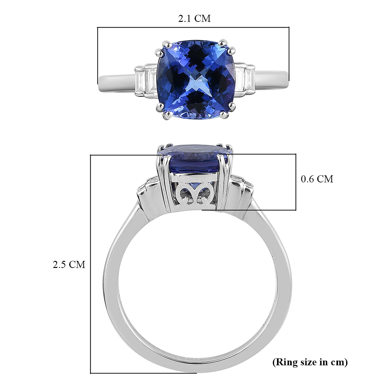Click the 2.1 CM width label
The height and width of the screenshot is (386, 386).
pyautogui.click(x=194, y=19)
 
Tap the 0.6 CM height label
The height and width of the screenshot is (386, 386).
pyautogui.click(x=317, y=179)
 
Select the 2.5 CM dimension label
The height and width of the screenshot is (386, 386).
pyautogui.click(x=69, y=264)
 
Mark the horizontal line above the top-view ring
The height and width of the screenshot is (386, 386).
pyautogui.click(x=193, y=28)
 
